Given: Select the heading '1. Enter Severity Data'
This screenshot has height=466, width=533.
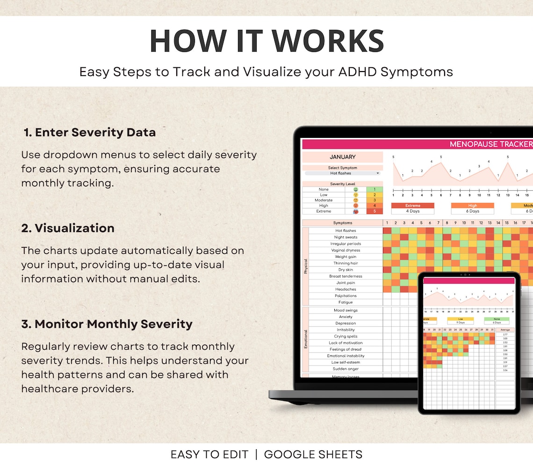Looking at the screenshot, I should tap(90, 132).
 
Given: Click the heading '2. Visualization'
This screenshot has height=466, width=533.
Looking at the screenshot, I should tap(68, 228).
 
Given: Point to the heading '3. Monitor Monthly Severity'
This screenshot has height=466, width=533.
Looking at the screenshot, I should tap(107, 324).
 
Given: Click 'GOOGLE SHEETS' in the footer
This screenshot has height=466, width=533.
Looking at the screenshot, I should tap(313, 454).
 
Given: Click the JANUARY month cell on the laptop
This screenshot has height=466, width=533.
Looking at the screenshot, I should tap(342, 157).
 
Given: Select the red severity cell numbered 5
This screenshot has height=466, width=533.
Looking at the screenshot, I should tap(375, 211).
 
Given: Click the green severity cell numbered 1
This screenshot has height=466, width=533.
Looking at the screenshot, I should tap(375, 189).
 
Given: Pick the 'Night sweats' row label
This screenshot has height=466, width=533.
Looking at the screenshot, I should tap(346, 237).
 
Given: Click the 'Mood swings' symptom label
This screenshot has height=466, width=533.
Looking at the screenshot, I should tap(346, 310).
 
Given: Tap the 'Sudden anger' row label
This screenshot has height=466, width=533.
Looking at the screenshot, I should tap(346, 369).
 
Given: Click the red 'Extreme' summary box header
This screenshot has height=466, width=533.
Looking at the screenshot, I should tap(412, 205).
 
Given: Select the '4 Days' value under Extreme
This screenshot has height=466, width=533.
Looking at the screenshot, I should tap(412, 211).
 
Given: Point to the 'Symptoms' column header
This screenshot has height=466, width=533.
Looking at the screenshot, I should tap(342, 223).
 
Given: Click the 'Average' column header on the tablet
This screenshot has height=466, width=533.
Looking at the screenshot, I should tap(504, 330).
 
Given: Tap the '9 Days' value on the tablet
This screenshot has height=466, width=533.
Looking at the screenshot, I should tap(461, 323).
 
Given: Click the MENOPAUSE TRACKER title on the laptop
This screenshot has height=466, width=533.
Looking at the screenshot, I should tap(490, 144).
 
